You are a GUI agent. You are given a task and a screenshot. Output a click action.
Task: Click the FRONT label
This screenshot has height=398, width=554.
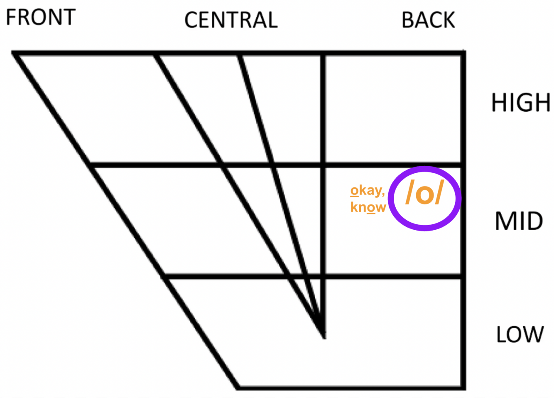41,17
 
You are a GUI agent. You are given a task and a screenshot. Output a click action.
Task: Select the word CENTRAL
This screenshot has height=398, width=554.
231,20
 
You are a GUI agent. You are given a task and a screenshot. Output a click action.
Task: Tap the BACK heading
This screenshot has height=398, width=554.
428,20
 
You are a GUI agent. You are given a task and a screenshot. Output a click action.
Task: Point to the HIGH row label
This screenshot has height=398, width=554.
521,103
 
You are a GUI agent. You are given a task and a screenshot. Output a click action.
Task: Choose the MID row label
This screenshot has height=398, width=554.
519,221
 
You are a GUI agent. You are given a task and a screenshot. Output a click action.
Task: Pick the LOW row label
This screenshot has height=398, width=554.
520,334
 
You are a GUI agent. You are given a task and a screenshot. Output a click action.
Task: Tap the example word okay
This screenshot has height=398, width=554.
367,191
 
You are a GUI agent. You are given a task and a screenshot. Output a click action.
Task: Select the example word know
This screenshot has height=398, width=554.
368,207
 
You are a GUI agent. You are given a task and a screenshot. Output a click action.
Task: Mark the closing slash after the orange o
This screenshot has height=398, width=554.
439,193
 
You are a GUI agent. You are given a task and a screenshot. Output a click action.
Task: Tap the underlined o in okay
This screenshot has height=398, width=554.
354,191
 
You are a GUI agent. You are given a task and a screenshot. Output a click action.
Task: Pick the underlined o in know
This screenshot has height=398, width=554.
370,207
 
